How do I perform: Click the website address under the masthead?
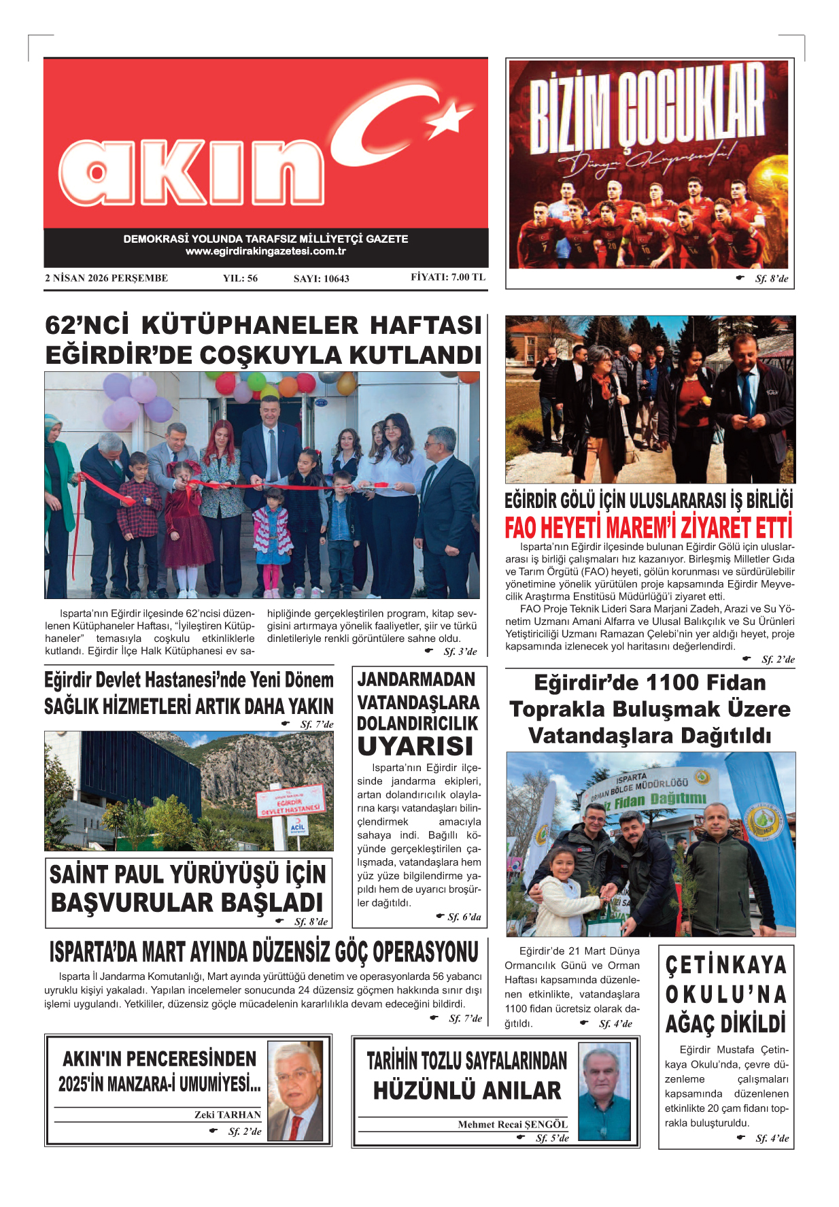click(266, 251)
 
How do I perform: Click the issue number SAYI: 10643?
click(321, 278)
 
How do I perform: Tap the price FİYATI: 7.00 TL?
click(448, 277)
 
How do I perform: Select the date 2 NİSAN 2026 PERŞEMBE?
click(107, 277)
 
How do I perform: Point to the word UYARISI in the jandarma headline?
click(415, 747)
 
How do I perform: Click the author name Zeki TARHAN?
click(227, 1115)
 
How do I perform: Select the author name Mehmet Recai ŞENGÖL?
click(513, 1124)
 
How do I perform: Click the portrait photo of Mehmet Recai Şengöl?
click(604, 1091)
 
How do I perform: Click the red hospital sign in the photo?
click(290, 801)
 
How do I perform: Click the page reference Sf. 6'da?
click(464, 917)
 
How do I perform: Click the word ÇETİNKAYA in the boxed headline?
click(725, 965)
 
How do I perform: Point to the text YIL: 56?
click(240, 278)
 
